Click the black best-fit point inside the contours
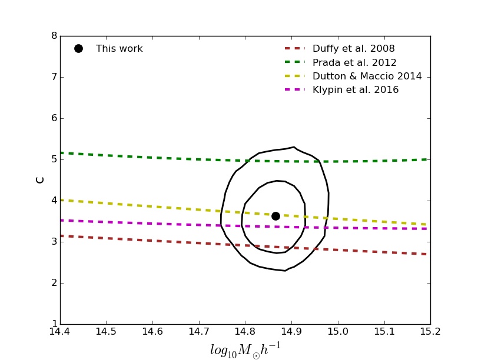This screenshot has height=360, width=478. click(275, 216)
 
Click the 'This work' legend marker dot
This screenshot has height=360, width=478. click(78, 49)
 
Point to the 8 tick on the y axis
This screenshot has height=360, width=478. click(54, 36)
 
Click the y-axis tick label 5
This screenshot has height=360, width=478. click(54, 159)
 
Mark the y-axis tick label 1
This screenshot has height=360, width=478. click(54, 324)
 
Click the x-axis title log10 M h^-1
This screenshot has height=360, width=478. click(245, 349)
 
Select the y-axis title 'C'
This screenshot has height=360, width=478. click(40, 179)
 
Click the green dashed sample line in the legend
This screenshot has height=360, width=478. click(294, 62)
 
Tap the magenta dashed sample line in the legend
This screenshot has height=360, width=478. click(294, 90)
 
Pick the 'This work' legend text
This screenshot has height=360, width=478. click(119, 49)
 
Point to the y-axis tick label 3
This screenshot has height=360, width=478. click(54, 242)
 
